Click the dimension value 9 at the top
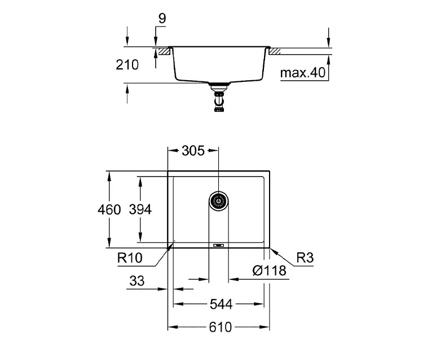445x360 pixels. click(162, 19)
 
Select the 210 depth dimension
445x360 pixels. click(128, 65)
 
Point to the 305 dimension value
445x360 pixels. click(193, 151)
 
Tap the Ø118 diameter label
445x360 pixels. click(270, 271)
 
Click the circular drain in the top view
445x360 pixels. click(218, 200)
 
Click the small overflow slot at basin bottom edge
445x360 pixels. click(218, 245)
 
